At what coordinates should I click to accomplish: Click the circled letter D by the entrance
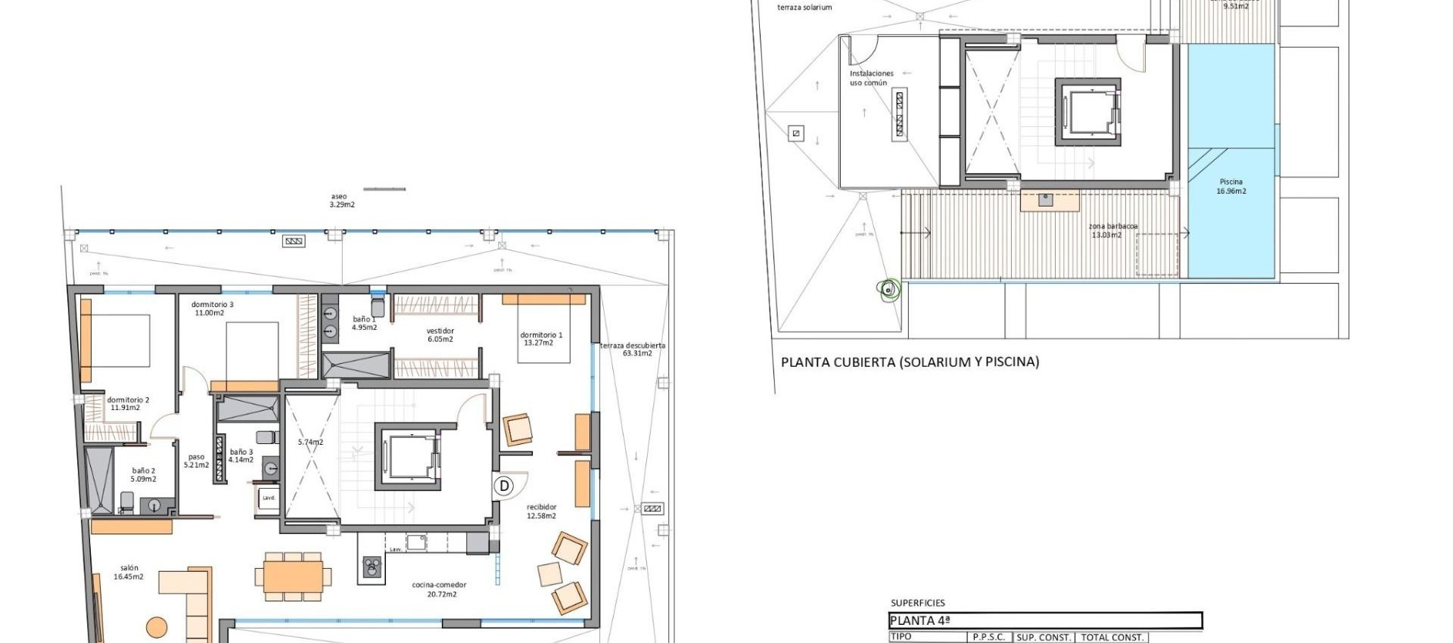(504, 486)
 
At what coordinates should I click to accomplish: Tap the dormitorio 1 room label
(540, 339)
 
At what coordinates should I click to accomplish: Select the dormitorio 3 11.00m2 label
(212, 309)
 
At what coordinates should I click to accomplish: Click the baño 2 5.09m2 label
(143, 475)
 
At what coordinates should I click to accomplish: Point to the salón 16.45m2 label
(129, 572)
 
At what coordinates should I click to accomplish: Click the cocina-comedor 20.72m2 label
(439, 589)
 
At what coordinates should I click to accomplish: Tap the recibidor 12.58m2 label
(541, 511)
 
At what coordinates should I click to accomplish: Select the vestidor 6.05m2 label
(440, 335)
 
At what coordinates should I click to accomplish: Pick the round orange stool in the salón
(157, 627)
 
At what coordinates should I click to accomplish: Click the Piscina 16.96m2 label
(1231, 186)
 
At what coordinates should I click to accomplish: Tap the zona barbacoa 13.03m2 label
(1112, 231)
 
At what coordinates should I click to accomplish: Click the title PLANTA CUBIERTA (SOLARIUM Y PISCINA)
(910, 362)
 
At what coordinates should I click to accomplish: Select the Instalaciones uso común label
(871, 78)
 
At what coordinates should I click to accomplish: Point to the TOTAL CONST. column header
(1112, 637)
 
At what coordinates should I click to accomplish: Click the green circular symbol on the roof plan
(888, 289)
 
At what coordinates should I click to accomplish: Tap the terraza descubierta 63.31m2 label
(633, 349)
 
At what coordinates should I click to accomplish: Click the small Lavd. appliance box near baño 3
(269, 498)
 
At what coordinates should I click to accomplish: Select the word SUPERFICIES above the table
(917, 603)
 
